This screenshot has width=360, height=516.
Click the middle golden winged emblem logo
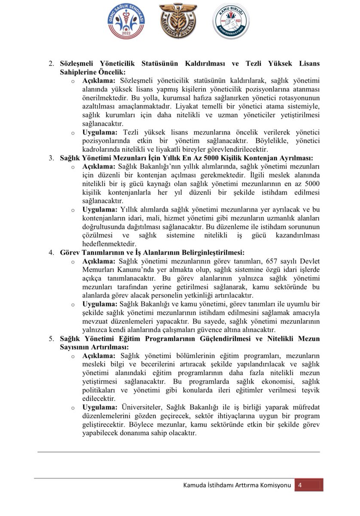(178, 21)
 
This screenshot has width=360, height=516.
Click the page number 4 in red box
(300, 485)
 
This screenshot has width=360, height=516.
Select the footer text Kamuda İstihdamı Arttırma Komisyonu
(237, 485)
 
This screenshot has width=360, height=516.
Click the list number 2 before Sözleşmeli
(51, 64)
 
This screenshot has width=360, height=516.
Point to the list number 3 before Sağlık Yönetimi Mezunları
(51, 158)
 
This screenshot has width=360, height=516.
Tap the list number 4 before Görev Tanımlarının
(51, 253)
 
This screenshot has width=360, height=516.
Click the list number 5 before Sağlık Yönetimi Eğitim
(51, 339)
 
